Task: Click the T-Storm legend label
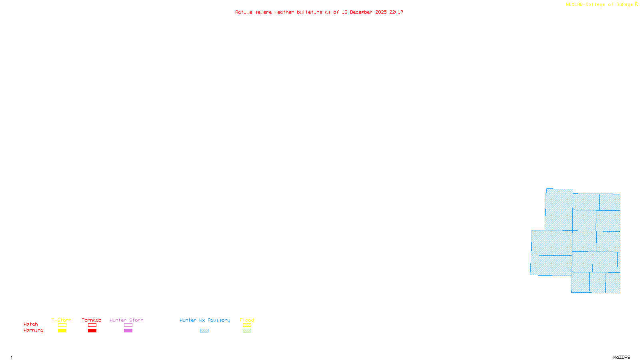(x=62, y=320)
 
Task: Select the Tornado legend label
(x=92, y=320)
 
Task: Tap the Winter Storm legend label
(x=126, y=320)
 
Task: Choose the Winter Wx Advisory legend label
(x=205, y=320)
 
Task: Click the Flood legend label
(x=247, y=320)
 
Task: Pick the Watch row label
(x=31, y=324)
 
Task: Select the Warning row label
(x=33, y=330)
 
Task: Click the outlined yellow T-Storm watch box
(x=62, y=325)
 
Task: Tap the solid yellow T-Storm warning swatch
(x=62, y=331)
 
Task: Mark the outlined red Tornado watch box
(x=92, y=325)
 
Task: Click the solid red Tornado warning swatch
(x=92, y=331)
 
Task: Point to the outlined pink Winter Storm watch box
(x=128, y=325)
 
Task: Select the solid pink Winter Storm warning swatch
(x=128, y=331)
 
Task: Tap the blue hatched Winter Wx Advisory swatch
(x=204, y=331)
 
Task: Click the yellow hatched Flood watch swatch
(x=247, y=325)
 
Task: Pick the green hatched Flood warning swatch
(x=247, y=331)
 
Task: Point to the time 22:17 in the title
(x=396, y=12)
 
